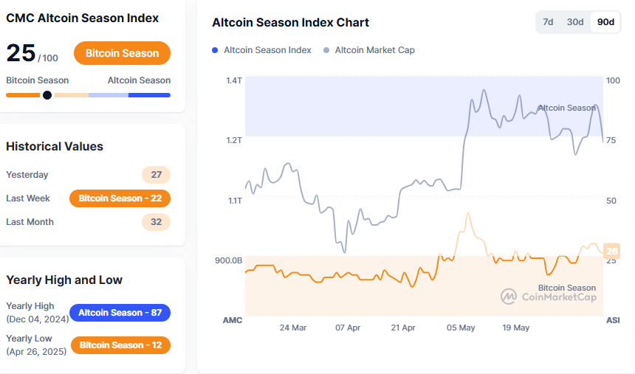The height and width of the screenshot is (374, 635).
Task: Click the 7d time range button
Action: [x=548, y=22]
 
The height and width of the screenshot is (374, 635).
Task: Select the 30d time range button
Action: [x=575, y=22]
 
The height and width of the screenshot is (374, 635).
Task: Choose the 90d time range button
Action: [x=605, y=22]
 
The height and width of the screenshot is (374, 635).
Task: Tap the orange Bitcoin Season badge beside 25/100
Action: [x=122, y=53]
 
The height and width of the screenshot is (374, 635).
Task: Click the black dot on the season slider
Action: [x=47, y=94]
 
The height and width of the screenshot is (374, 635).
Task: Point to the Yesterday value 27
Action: [x=156, y=175]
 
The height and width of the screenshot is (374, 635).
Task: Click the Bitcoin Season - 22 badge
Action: [x=120, y=198]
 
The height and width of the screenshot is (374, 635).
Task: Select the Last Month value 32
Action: [x=156, y=222]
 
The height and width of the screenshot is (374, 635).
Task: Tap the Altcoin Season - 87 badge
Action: [x=120, y=313]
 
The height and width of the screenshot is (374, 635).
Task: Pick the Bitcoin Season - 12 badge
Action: [x=120, y=345]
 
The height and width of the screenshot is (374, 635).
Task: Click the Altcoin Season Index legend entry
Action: [x=261, y=50]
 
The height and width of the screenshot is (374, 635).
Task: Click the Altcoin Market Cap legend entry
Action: [x=368, y=50]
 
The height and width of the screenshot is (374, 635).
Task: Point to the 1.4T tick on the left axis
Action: [x=234, y=80]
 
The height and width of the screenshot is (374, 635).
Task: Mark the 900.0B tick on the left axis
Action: [x=229, y=260]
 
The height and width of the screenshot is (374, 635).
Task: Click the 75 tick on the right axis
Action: [x=611, y=140]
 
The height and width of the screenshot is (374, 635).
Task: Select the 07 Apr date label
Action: [x=348, y=328]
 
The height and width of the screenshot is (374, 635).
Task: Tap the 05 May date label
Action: [x=461, y=328]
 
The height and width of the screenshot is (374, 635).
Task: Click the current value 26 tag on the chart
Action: [x=611, y=252]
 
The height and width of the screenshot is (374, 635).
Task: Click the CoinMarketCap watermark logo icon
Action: [x=509, y=297]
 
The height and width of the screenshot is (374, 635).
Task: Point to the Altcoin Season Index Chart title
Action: [x=290, y=22]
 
